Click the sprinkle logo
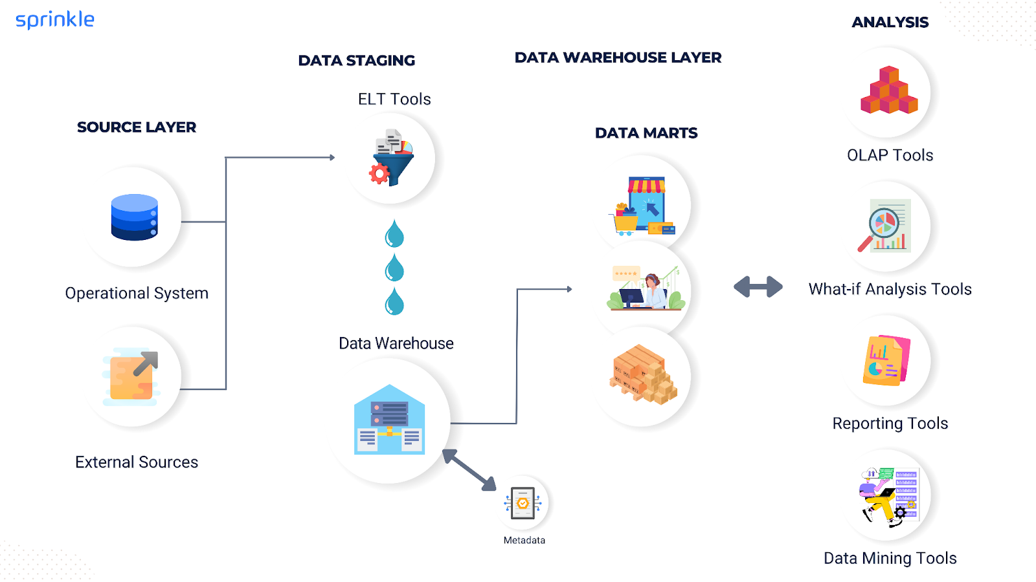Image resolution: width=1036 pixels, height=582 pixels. (x=55, y=19)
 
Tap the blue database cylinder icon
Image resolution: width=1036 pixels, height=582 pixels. (x=134, y=217)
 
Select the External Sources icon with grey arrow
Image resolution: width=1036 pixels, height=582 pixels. (x=132, y=377)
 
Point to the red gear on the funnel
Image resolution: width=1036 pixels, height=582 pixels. (x=379, y=173)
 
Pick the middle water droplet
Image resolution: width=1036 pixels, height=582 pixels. (x=394, y=268)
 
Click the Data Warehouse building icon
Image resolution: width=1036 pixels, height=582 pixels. (x=389, y=420)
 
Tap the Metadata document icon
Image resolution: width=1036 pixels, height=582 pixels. (x=523, y=503)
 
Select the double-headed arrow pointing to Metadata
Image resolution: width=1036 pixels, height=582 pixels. (x=469, y=470)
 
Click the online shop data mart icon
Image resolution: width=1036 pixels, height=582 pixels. (x=644, y=206)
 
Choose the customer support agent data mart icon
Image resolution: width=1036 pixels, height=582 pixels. (x=645, y=288)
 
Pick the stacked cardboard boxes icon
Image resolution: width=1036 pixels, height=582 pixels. (x=643, y=374)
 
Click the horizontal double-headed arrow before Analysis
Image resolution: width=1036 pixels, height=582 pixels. (x=758, y=286)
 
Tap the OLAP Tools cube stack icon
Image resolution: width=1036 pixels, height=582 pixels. (x=889, y=91)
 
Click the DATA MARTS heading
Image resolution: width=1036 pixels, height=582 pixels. (x=646, y=133)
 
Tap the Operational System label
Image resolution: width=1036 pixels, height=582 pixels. (x=137, y=294)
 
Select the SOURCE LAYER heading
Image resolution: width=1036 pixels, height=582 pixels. (x=137, y=127)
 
